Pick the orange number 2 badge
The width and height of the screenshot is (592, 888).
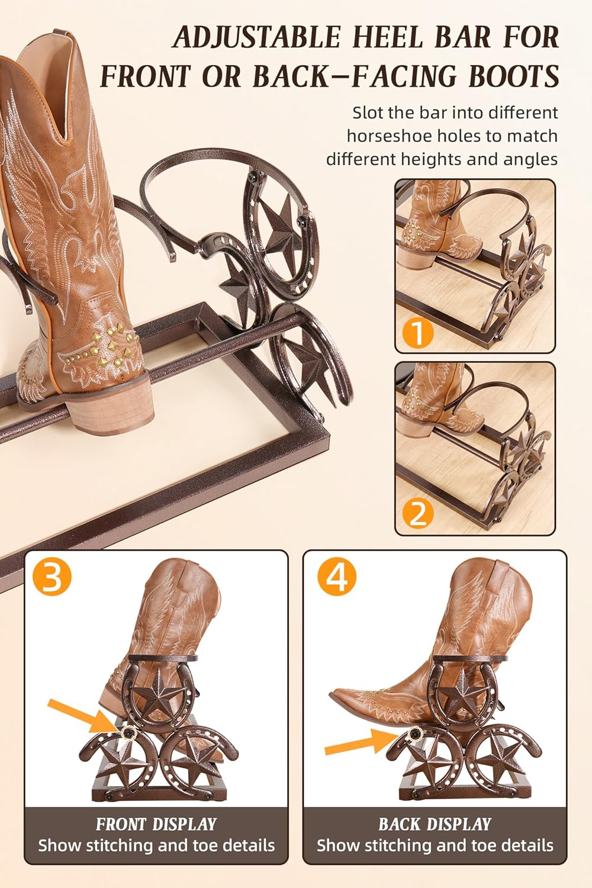click(x=418, y=513)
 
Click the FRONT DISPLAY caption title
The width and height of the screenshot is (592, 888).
click(x=156, y=823)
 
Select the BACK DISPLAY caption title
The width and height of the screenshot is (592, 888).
click(x=435, y=823)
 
